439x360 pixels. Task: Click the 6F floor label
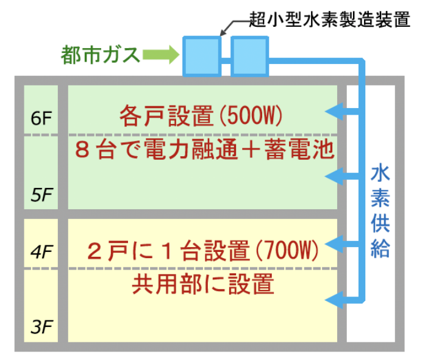[41, 118]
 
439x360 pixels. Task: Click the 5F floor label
[41, 195]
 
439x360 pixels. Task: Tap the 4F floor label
[41, 251]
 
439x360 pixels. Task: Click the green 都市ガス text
[100, 56]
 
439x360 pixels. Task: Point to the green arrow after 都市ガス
[160, 56]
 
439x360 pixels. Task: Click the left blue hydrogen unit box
[202, 56]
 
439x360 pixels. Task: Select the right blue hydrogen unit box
[249, 56]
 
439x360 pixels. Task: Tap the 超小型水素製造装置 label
[330, 19]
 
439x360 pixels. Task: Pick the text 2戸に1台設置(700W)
[204, 250]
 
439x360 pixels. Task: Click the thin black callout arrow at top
[233, 26]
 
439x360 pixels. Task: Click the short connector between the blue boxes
[226, 60]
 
